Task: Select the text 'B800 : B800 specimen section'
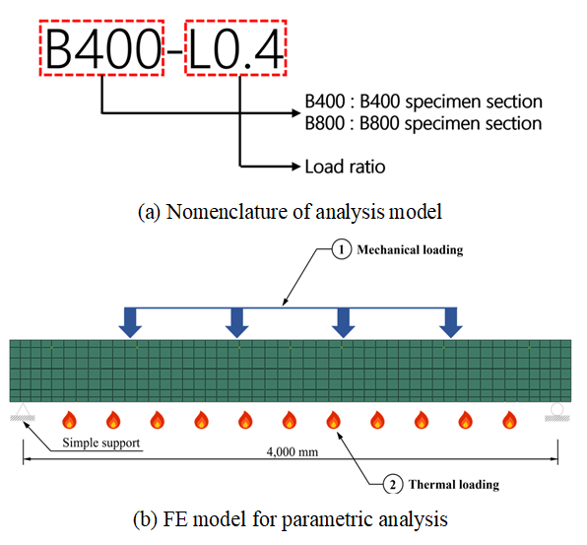click(424, 123)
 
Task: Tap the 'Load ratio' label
click(345, 167)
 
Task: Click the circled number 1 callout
click(342, 249)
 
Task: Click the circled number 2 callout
click(393, 484)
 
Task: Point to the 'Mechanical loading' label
click(410, 250)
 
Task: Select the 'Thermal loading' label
click(454, 484)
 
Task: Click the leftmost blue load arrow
click(130, 322)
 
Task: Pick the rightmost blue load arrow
click(451, 322)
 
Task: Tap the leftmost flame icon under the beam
click(69, 420)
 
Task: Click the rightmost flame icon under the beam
click(509, 420)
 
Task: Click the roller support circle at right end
click(557, 409)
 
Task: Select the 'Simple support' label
click(101, 443)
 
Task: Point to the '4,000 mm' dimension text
click(293, 451)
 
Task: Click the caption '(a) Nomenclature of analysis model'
click(291, 212)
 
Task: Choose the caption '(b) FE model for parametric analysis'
click(291, 519)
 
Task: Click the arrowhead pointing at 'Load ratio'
click(296, 166)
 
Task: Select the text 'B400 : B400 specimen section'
click(424, 102)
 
